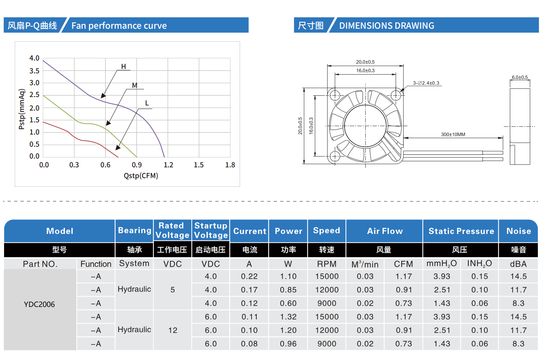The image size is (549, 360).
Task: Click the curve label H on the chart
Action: (123, 67)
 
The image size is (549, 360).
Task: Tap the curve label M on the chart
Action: (135, 86)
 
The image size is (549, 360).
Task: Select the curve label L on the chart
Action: (147, 103)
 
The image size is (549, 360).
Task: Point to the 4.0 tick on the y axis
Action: (34, 58)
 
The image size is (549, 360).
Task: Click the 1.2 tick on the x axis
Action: (168, 165)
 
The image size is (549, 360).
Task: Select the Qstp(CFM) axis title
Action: (141, 176)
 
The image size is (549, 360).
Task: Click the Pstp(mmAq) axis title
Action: (22, 109)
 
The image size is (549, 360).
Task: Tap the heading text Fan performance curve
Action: (119, 26)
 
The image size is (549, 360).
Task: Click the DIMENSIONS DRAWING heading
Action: (386, 26)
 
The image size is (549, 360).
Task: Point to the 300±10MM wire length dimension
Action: (453, 135)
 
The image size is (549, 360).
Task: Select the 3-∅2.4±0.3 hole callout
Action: (426, 83)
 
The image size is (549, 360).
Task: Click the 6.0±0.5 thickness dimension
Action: (520, 77)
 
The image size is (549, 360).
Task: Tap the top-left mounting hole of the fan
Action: (335, 96)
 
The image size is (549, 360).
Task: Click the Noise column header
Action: (518, 231)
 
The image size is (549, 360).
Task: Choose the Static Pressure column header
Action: (461, 231)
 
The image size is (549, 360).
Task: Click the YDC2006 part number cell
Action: (39, 304)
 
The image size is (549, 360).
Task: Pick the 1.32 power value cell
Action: (288, 317)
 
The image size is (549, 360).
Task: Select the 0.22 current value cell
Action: (249, 277)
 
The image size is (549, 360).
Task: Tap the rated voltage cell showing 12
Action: (172, 330)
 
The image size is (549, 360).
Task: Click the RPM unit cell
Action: (327, 264)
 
